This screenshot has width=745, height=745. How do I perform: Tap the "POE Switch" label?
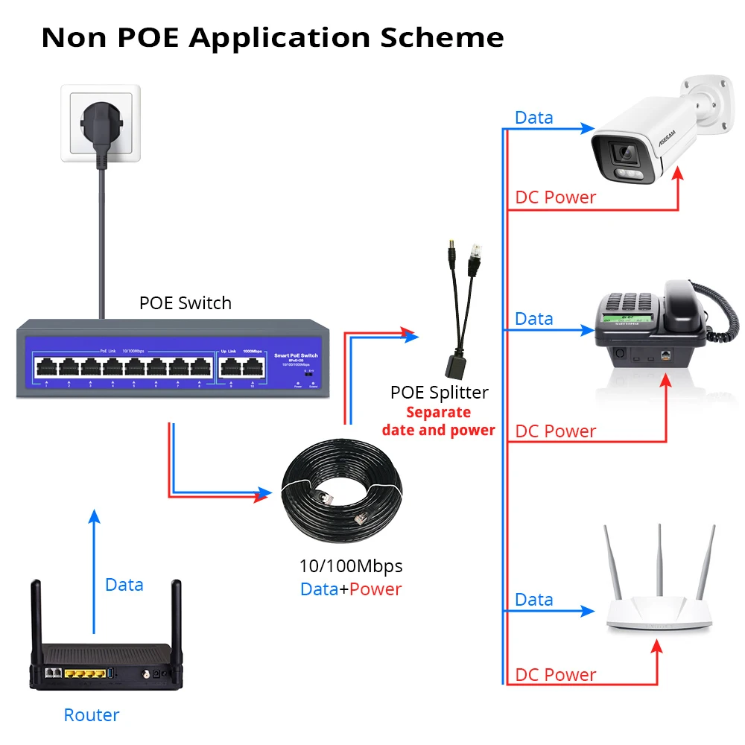point(185,303)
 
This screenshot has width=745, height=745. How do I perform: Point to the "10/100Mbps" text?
point(350,566)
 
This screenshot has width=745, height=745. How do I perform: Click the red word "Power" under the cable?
point(375,589)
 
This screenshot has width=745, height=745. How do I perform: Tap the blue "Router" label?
point(91,715)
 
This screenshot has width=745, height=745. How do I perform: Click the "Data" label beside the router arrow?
point(124,585)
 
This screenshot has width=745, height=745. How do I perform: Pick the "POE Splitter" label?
point(439,393)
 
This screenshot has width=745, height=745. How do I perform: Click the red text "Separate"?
point(438,412)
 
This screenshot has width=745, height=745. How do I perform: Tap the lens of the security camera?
point(621,154)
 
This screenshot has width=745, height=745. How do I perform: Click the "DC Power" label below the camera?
point(556,197)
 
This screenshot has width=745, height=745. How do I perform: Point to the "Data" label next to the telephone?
point(534,319)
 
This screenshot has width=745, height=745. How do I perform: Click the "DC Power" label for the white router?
point(556,675)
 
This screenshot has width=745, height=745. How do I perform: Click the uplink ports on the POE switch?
point(241,366)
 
